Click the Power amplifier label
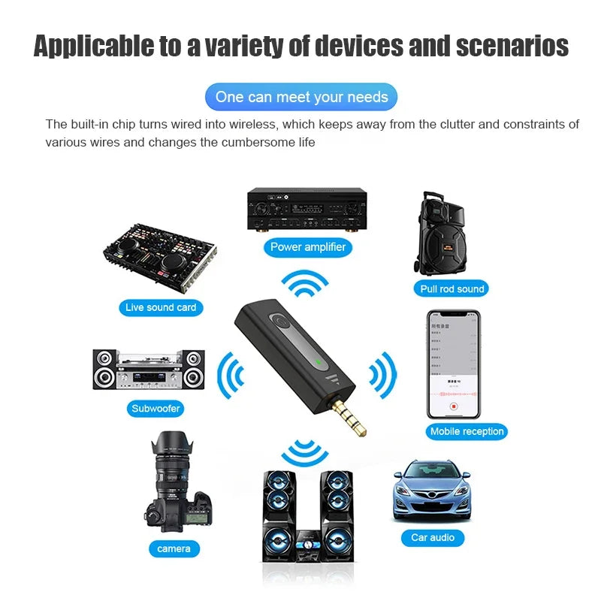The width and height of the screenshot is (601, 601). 308,246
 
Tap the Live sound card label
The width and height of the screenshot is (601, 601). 161,307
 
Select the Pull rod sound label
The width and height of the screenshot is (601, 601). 452,288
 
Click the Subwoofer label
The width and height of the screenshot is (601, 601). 156,409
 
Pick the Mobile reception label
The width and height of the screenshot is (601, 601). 467,431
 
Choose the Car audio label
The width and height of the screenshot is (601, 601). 433,537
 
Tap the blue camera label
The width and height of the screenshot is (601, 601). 174,548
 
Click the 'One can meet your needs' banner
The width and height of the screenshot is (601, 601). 301,97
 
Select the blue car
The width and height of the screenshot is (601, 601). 432,489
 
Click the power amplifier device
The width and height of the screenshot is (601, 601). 307,209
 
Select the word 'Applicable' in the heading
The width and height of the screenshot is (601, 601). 94,46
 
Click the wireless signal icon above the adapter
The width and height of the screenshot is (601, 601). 305,282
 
